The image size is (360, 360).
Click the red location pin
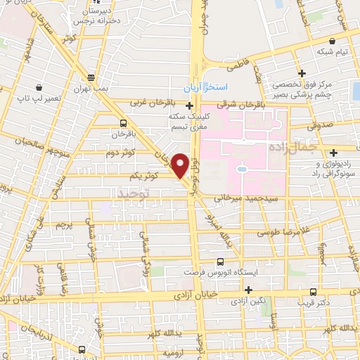click(x=180, y=165)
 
